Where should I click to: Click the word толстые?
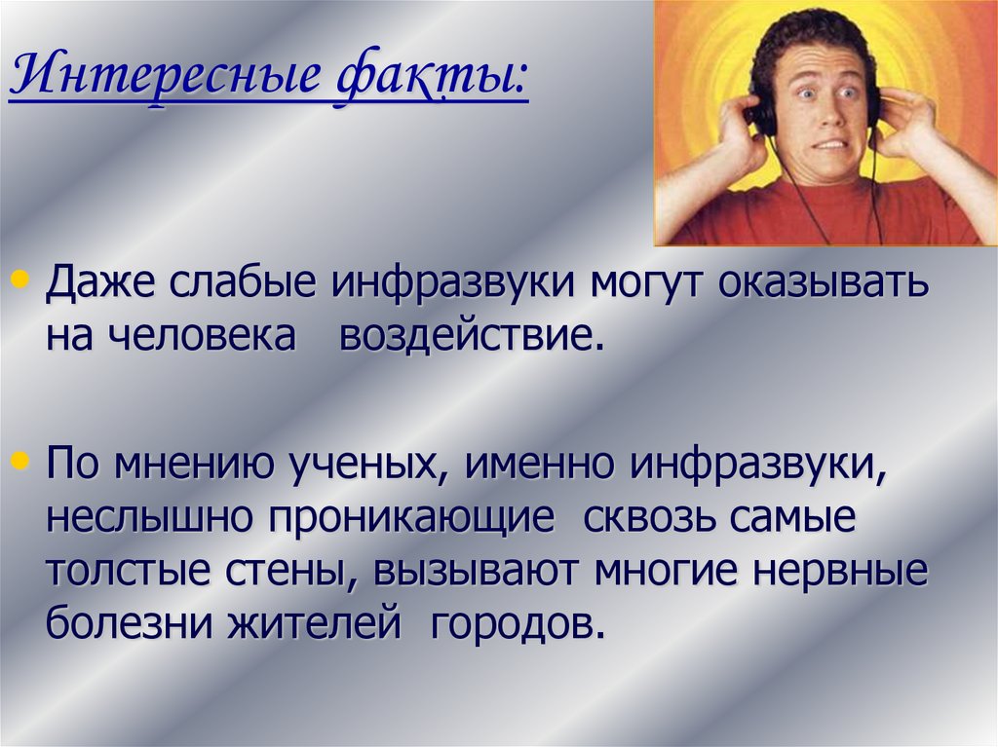coord(117,569)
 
